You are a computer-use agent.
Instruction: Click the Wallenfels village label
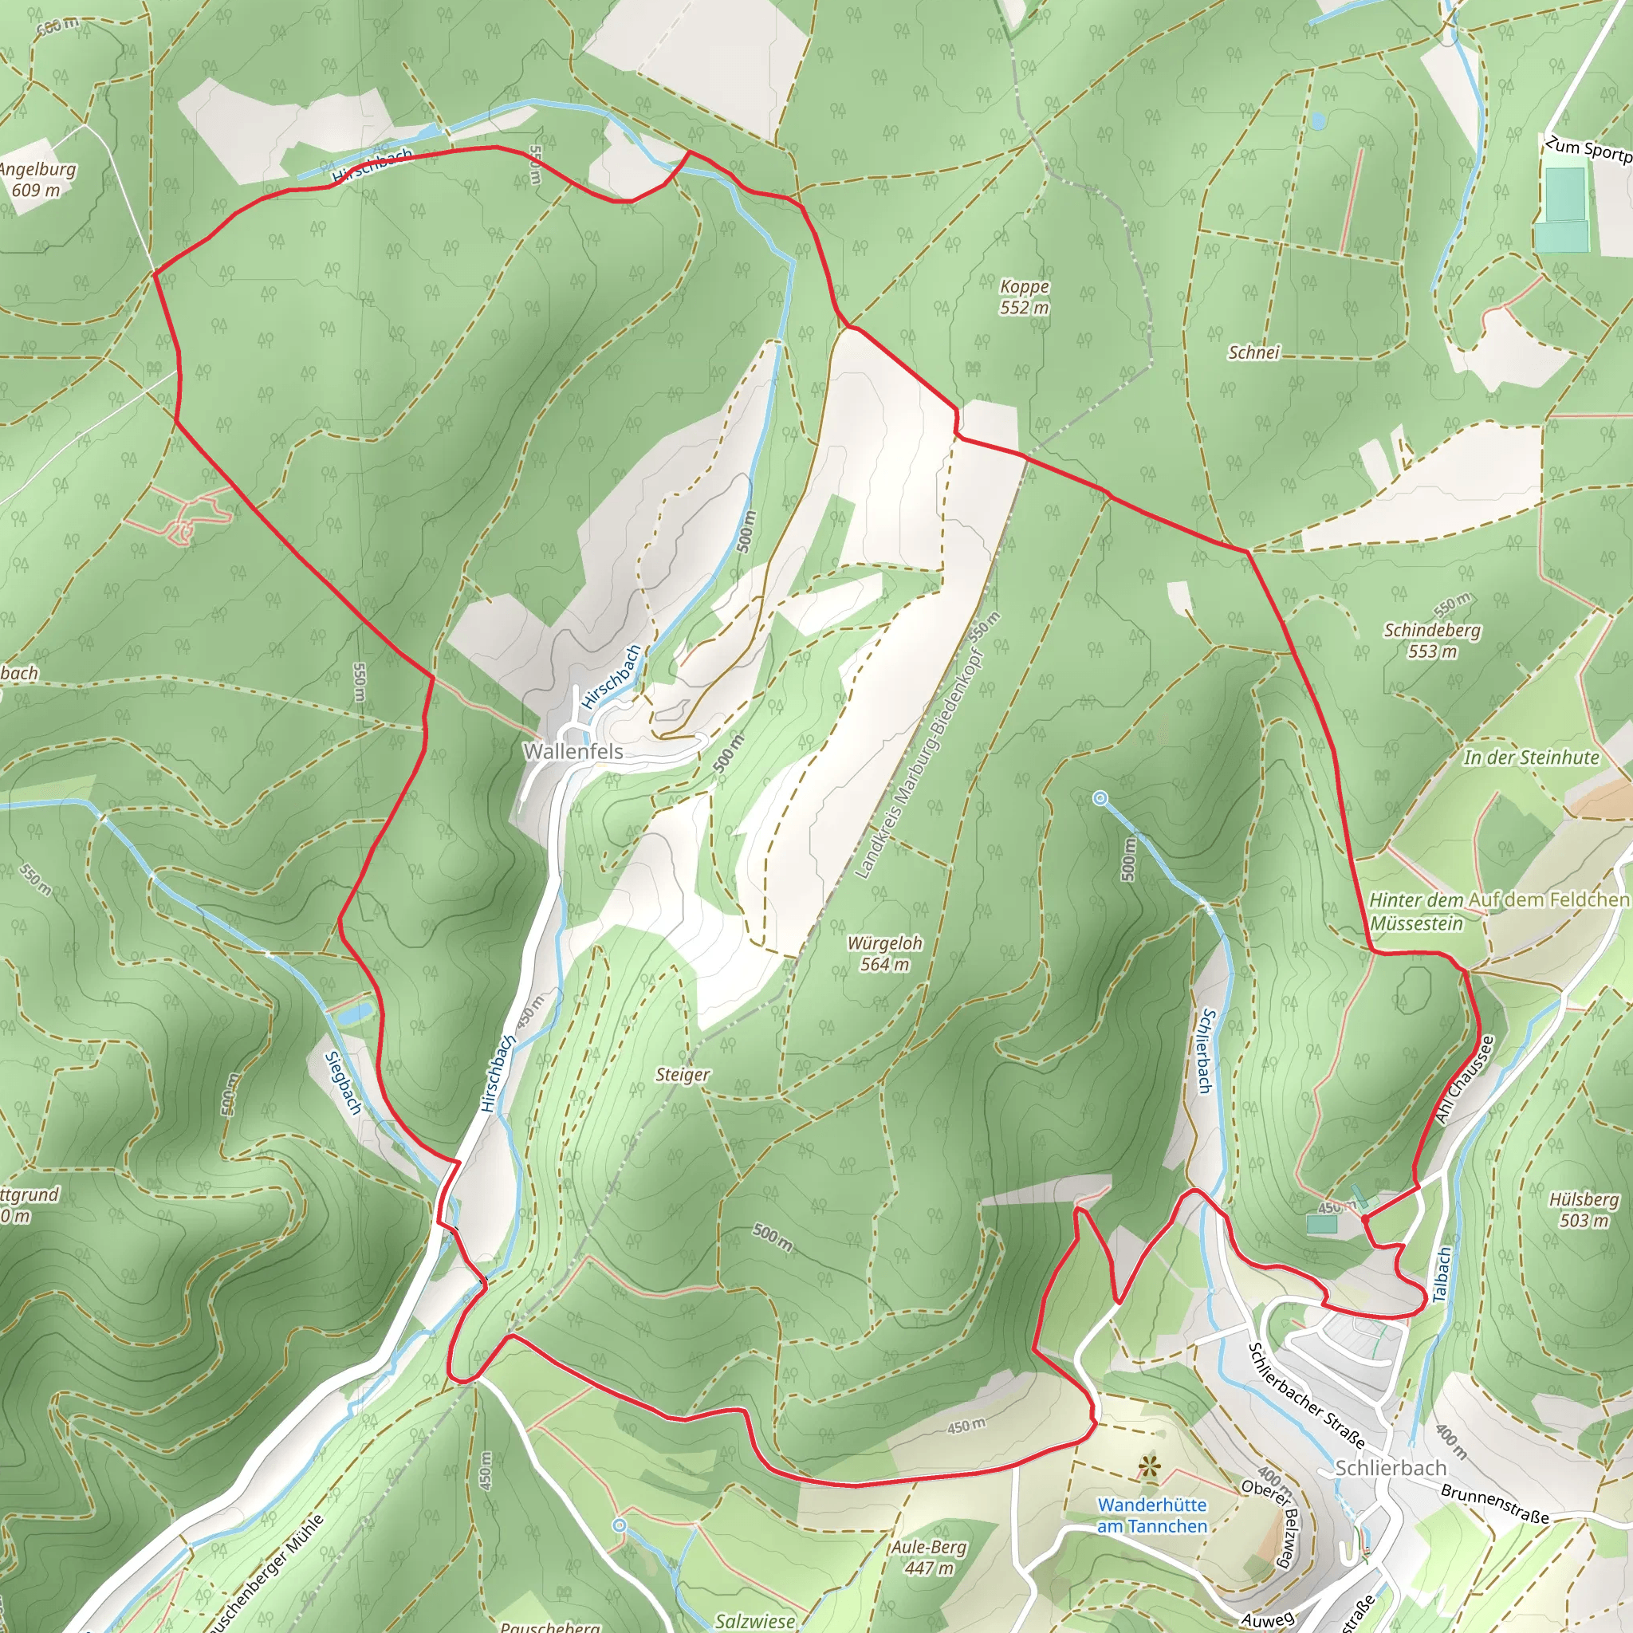pos(573,750)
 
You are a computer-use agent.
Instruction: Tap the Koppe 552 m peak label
pos(1024,297)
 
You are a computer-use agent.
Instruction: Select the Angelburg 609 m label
pos(37,179)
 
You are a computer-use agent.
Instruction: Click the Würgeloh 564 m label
pos(884,954)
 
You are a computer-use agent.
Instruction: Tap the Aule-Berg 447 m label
pos(929,1558)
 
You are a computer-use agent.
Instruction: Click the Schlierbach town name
pos(1391,1468)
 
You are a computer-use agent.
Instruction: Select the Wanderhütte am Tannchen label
pos(1152,1516)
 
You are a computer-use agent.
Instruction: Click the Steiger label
pos(682,1074)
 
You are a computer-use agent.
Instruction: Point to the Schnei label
pos(1253,352)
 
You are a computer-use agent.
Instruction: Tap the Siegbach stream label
pos(343,1083)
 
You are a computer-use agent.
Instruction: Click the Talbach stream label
pos(1444,1273)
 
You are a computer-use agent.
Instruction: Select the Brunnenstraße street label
pos(1494,1505)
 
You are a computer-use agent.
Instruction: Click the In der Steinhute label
pos(1531,757)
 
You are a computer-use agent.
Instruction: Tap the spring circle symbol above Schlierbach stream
pos(1100,797)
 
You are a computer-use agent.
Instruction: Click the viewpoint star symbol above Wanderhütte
pos(1148,1466)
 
